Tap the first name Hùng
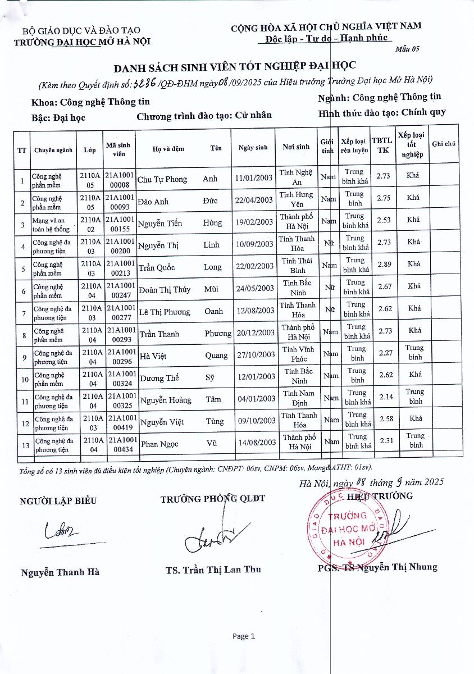click(213, 223)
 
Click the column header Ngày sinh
click(253, 148)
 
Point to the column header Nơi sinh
click(296, 147)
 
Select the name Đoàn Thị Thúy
click(165, 290)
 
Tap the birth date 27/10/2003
click(256, 355)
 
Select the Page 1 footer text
click(244, 636)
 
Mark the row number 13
click(22, 444)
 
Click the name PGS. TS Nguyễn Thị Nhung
click(377, 567)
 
